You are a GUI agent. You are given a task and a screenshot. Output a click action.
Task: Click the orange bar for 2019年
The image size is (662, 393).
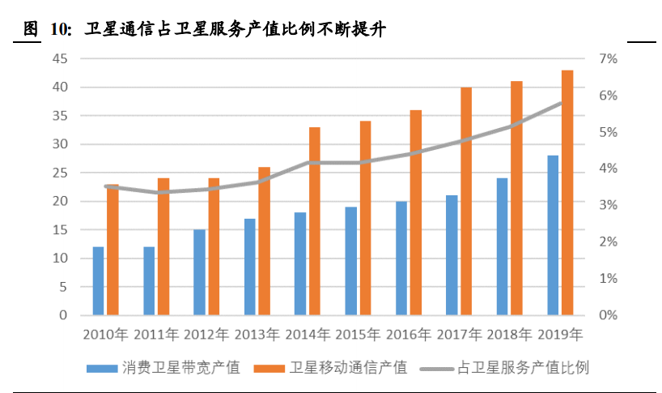tap(567, 193)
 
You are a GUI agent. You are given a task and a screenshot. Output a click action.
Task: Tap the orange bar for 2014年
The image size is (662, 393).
tap(315, 221)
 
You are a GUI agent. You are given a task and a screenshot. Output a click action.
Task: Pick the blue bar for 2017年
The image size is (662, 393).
tap(452, 255)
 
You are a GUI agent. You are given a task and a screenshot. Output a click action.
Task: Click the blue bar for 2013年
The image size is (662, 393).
tap(249, 267)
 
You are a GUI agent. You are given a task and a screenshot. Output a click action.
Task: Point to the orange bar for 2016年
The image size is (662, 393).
tap(416, 212)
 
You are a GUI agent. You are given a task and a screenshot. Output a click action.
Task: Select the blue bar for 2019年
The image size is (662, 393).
tap(553, 235)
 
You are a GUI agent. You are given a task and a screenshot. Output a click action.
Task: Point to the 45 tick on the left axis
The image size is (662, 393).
tap(59, 58)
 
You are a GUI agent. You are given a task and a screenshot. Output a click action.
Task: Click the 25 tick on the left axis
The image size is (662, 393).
tap(59, 173)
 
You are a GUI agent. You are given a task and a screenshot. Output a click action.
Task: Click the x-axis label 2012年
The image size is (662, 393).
tap(206, 333)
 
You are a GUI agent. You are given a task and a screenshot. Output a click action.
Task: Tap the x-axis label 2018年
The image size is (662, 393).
tap(509, 333)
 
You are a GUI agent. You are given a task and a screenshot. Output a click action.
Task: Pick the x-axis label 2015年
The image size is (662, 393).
tap(358, 333)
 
